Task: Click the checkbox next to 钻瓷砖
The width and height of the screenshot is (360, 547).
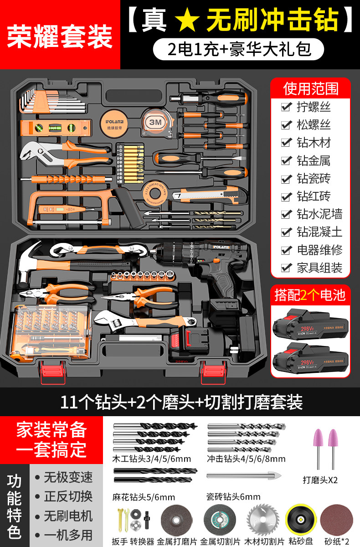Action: tap(286, 179)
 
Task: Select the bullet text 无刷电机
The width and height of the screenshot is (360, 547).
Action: tap(68, 516)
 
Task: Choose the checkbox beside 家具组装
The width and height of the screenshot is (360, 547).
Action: tap(286, 268)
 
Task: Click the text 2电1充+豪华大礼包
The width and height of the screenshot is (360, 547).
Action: tap(239, 49)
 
